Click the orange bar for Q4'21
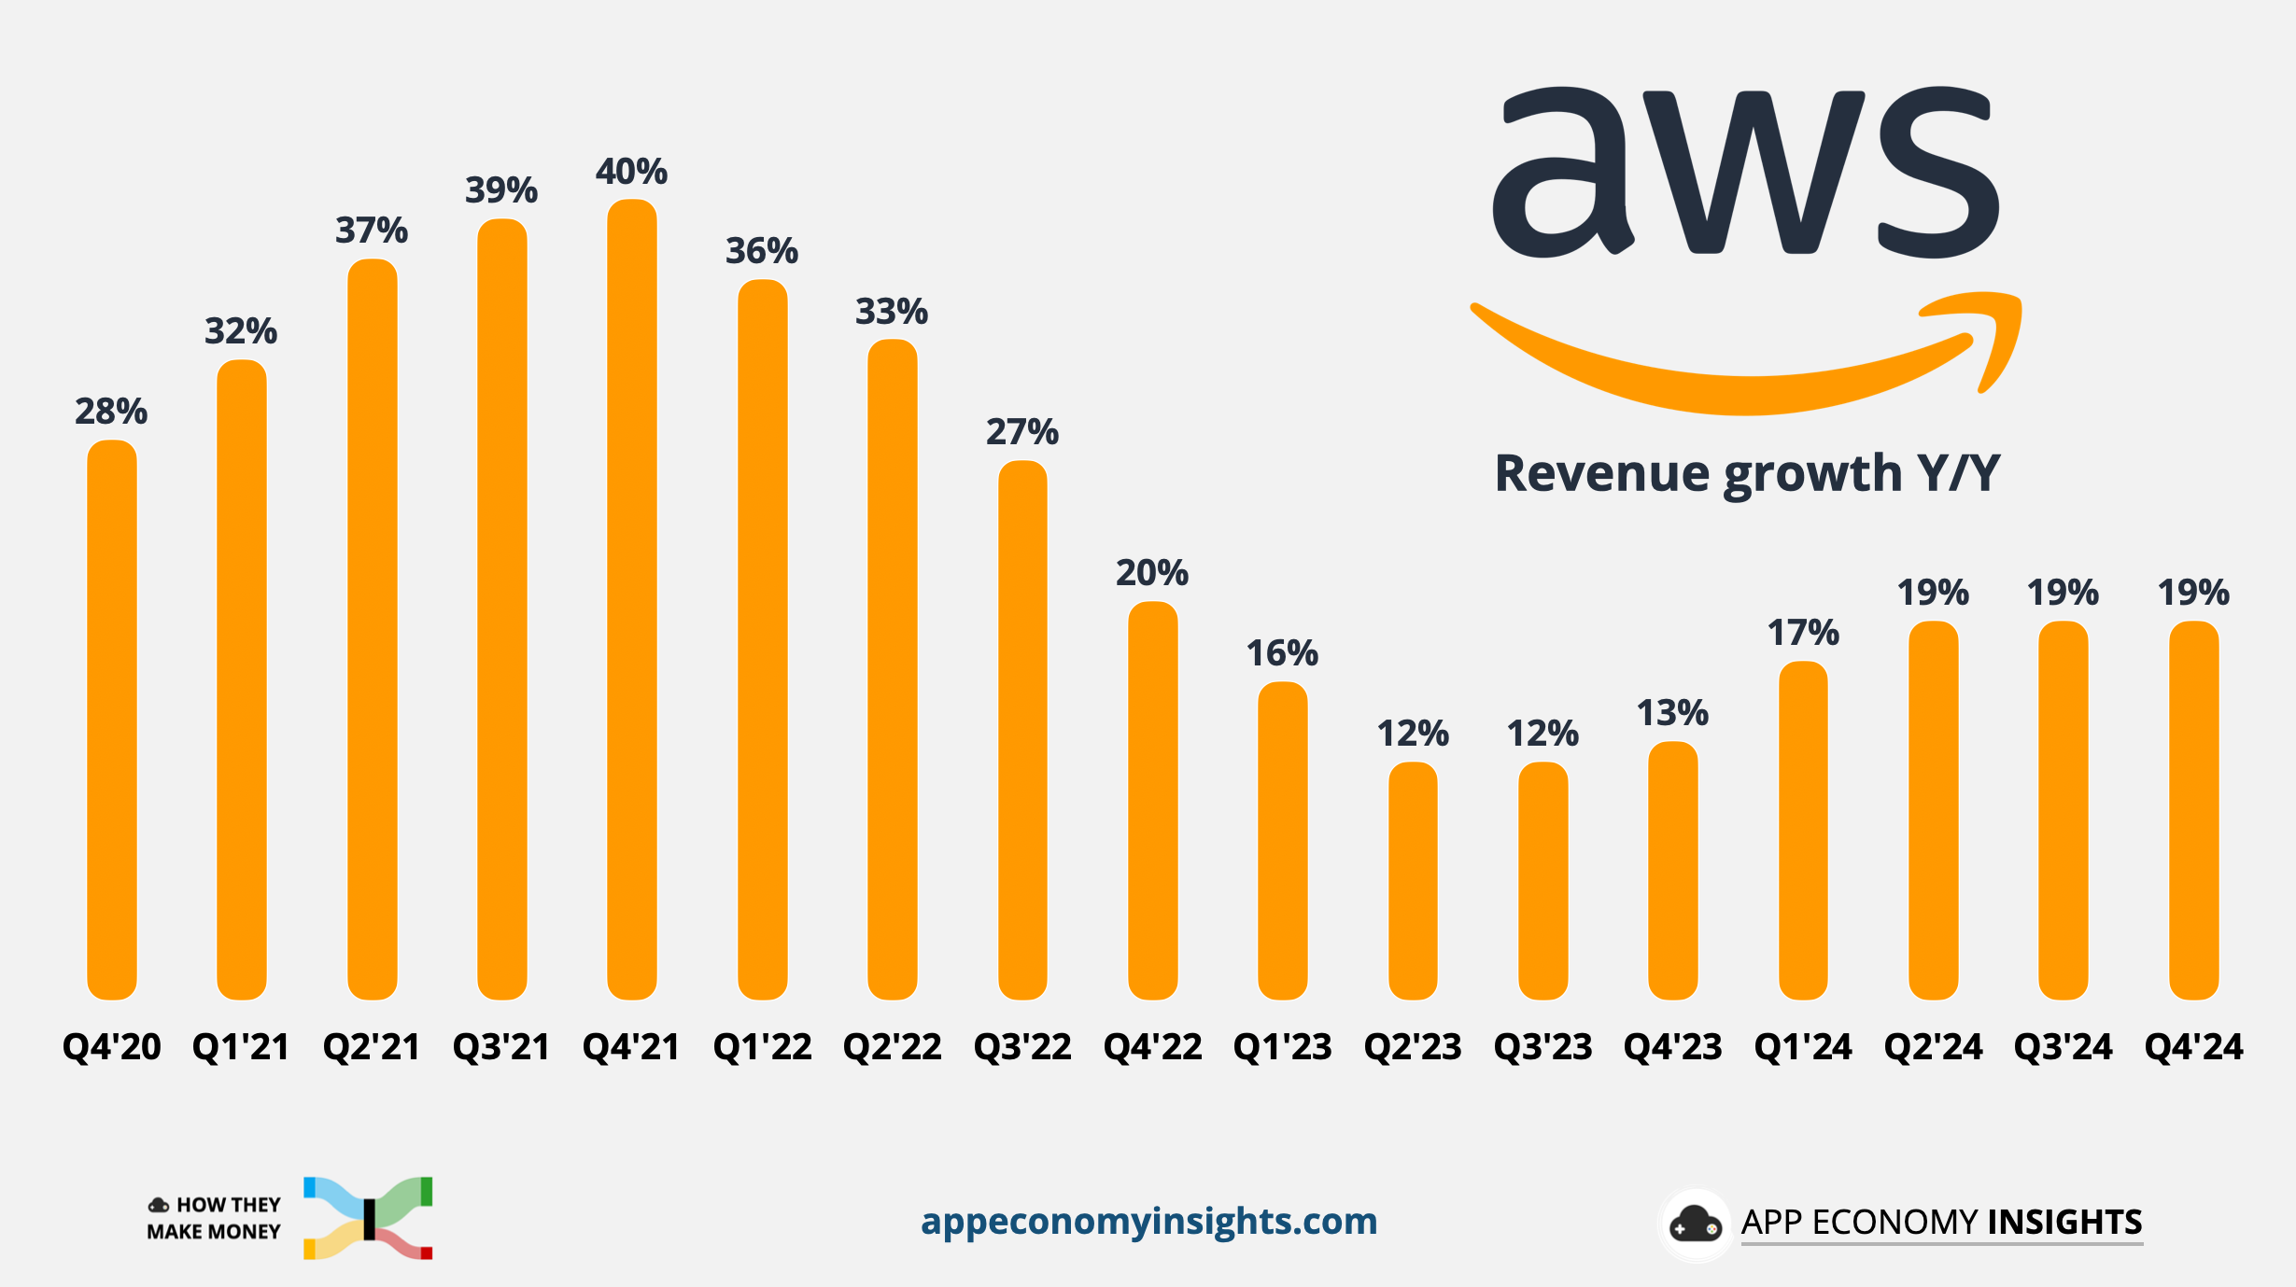(x=632, y=599)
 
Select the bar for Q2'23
(x=1413, y=881)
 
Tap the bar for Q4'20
(x=112, y=720)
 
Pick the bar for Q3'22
(x=1022, y=730)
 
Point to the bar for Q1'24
(x=1803, y=831)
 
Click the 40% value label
(x=632, y=172)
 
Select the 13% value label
(x=1672, y=714)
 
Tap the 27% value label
(x=1022, y=432)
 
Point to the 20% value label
(x=1152, y=573)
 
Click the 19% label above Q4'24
(x=2193, y=593)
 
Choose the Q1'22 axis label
(x=762, y=1047)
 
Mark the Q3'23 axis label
(x=1542, y=1047)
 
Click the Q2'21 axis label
(x=372, y=1047)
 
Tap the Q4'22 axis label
(x=1152, y=1047)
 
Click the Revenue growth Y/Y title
(x=1747, y=473)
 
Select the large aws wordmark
(x=1746, y=172)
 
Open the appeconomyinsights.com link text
(x=1148, y=1222)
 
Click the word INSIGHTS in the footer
(x=2064, y=1223)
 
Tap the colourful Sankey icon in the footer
(x=368, y=1218)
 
